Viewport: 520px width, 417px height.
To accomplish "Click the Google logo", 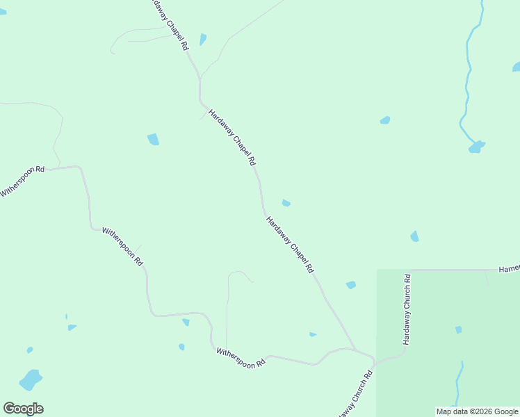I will point(23,409).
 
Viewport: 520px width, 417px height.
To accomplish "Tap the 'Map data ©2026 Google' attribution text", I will point(477,411).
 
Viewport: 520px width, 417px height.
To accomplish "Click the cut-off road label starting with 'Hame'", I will point(509,269).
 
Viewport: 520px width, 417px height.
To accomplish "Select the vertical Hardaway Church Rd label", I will point(407,310).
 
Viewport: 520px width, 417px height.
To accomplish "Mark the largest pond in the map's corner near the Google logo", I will point(30,379).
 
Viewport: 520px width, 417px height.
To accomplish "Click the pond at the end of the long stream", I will point(476,147).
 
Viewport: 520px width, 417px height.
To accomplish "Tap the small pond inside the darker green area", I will point(458,329).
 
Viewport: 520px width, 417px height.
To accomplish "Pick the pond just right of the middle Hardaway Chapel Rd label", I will point(286,203).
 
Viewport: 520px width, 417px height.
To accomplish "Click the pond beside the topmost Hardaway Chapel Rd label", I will point(203,40).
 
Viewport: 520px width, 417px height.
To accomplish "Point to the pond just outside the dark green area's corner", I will point(351,285).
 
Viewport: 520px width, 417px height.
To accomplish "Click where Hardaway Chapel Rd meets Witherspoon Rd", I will point(356,350).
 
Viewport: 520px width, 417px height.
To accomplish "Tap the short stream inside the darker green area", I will point(458,382).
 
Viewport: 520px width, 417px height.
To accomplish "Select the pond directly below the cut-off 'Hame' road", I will point(415,236).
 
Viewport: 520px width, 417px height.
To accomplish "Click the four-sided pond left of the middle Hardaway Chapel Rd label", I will point(153,139).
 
